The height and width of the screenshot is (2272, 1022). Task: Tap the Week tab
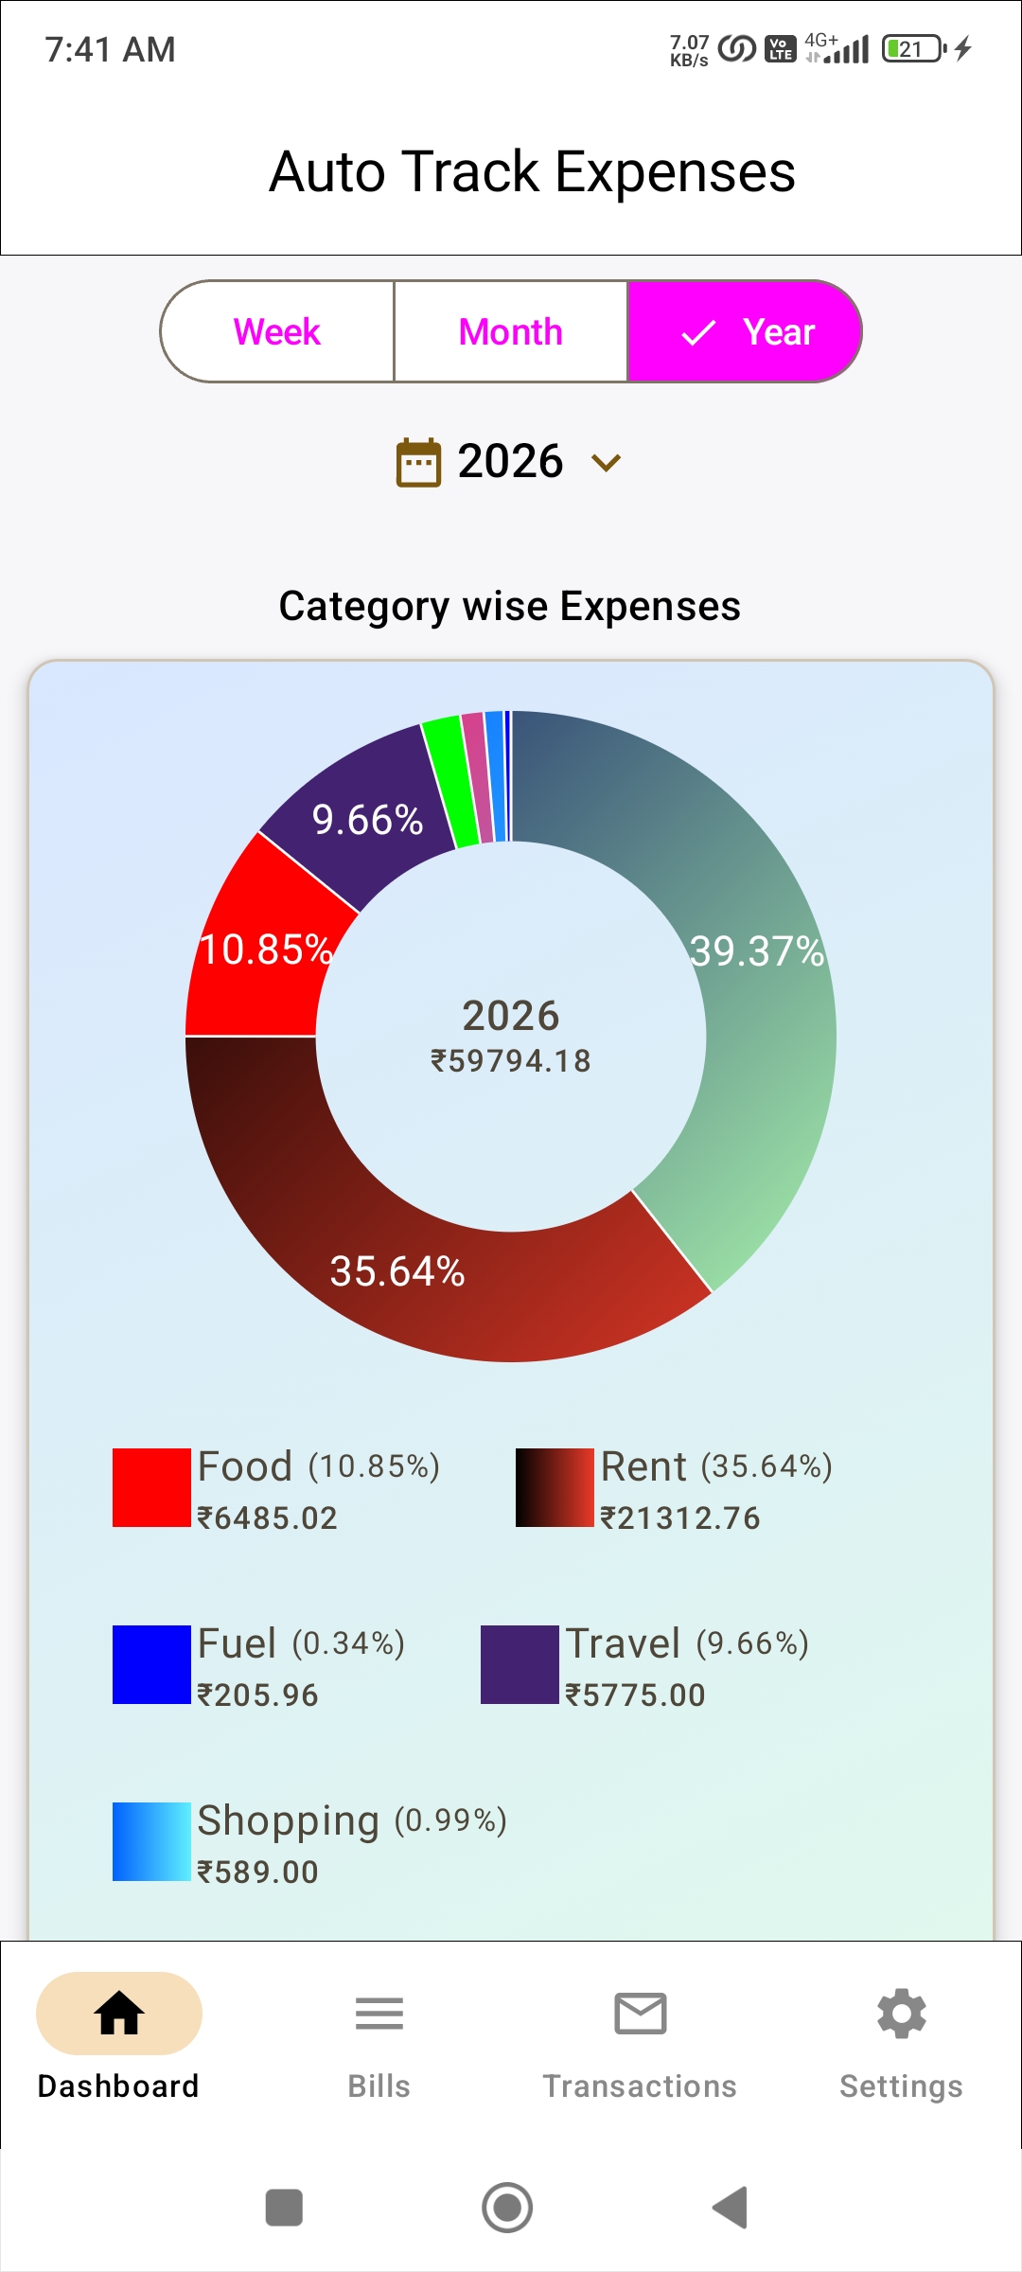[277, 332]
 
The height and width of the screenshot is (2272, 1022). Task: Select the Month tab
[510, 332]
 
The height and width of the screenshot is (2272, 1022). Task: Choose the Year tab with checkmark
[746, 332]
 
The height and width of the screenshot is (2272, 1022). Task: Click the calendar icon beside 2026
[418, 463]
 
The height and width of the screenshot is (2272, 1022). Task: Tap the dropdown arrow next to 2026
[606, 463]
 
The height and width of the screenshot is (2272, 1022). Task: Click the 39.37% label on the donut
[757, 951]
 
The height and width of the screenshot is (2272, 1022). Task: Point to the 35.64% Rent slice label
[397, 1271]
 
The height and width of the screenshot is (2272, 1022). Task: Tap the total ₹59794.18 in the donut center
[511, 1061]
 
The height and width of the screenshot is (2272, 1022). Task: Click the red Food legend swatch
[151, 1487]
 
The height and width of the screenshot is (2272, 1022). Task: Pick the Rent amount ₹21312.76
[680, 1518]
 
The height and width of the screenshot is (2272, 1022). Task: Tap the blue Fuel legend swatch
[151, 1664]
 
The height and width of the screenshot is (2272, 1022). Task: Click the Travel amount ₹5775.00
[635, 1695]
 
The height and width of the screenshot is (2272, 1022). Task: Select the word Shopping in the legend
[289, 1820]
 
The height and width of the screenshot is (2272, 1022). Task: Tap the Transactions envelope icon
[641, 2014]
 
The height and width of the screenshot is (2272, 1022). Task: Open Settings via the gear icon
[902, 2014]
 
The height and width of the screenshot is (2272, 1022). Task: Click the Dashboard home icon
[119, 2014]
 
